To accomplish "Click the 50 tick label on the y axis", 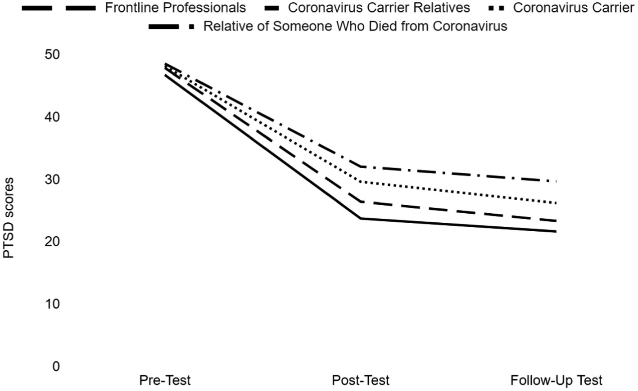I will [52, 54].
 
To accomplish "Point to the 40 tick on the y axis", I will [52, 117].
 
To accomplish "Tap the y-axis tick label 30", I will [52, 180].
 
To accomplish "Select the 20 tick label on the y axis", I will [52, 242].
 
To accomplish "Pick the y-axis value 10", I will [52, 304].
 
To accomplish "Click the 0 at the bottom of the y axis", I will [56, 367].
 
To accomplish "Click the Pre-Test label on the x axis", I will [165, 381].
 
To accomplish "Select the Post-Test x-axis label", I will [360, 381].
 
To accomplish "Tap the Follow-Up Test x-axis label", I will [556, 381].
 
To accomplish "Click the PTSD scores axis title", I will [9, 218].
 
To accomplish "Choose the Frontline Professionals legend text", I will [176, 8].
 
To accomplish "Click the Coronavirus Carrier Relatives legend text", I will [379, 8].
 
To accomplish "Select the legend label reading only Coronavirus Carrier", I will [573, 8].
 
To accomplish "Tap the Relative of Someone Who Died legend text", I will [355, 26].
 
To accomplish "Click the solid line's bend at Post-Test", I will [361, 219].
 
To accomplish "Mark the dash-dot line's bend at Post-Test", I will [361, 166].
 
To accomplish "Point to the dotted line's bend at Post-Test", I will [361, 182].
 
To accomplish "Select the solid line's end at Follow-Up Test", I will [556, 232].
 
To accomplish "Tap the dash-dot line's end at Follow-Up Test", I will [556, 181].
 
